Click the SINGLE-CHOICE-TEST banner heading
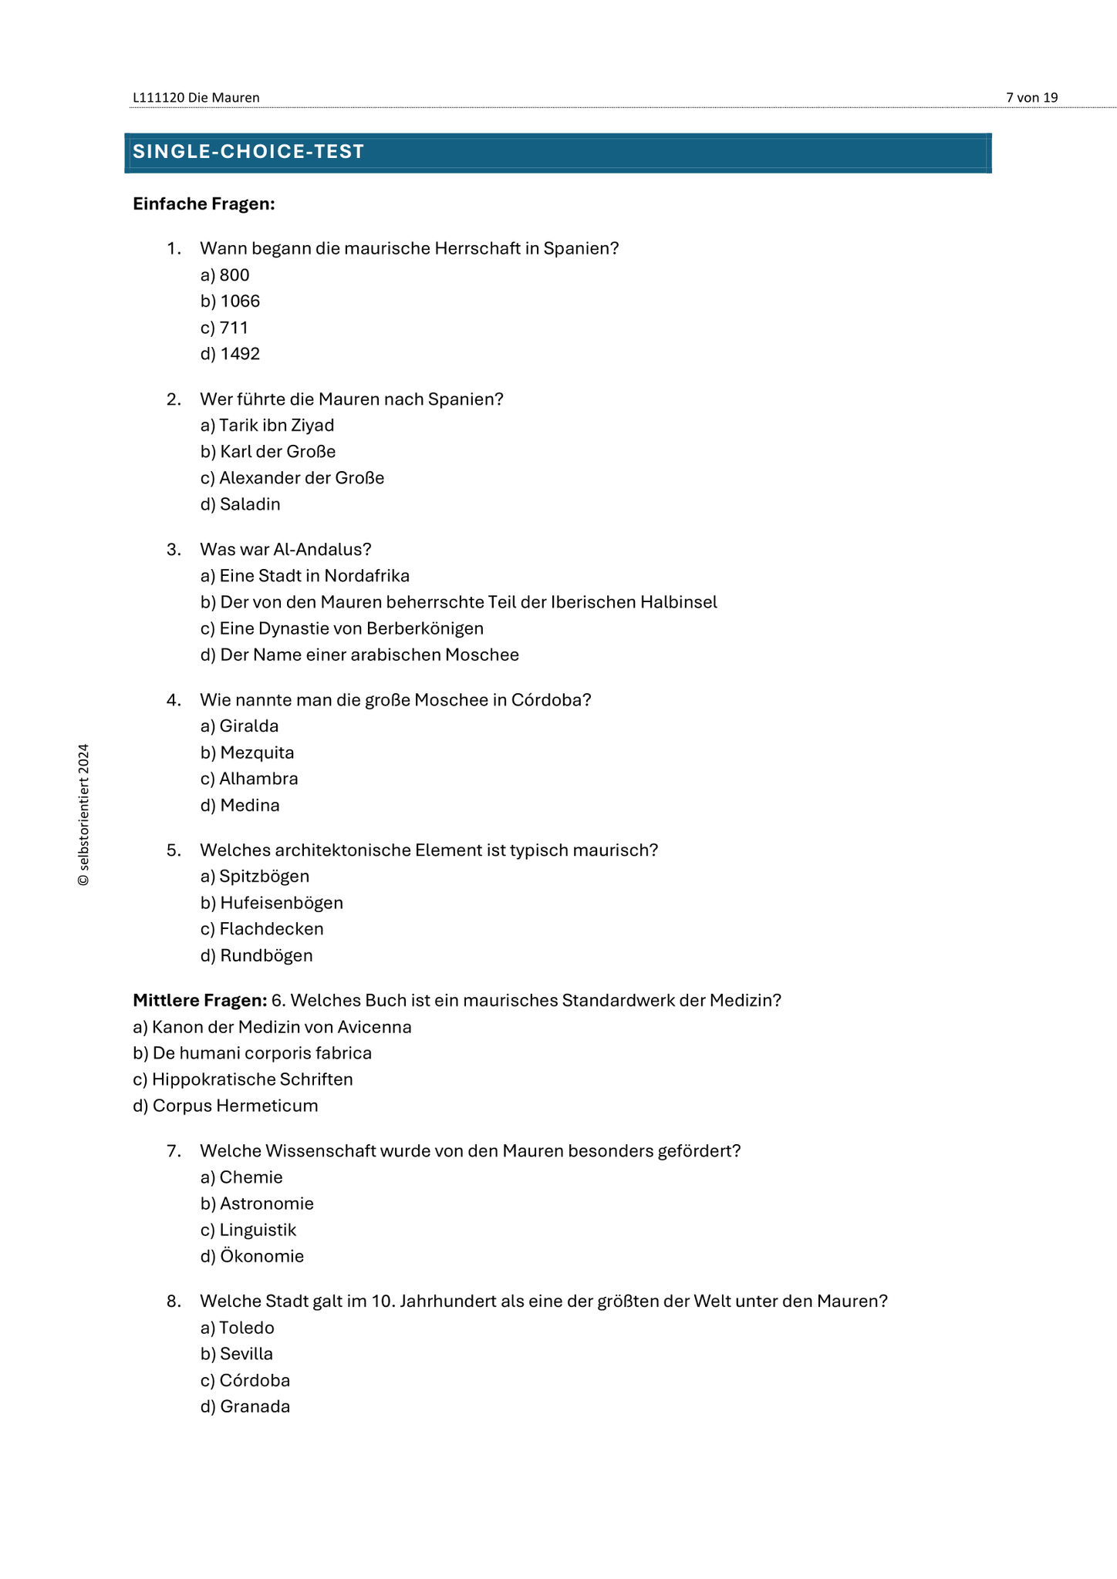248,152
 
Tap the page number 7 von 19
1031,98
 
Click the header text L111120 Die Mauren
196,98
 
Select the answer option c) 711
224,328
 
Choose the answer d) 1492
230,354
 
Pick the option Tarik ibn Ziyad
267,425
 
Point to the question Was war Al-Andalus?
285,549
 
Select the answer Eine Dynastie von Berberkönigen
342,628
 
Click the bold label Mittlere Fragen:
200,1000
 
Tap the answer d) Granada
245,1406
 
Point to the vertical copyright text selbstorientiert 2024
84,814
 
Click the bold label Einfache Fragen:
204,204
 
